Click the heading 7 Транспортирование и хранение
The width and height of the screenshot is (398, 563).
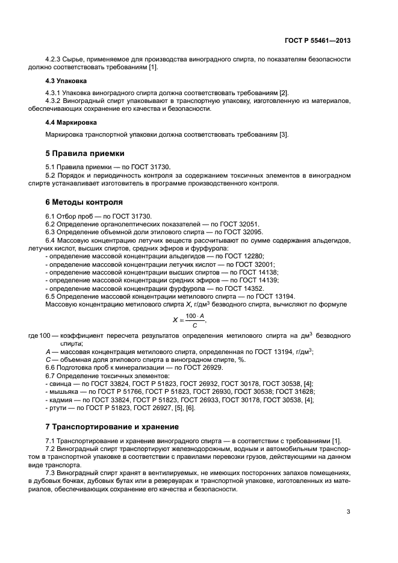pos(112,427)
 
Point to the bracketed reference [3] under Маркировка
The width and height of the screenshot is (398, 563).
pos(284,134)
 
